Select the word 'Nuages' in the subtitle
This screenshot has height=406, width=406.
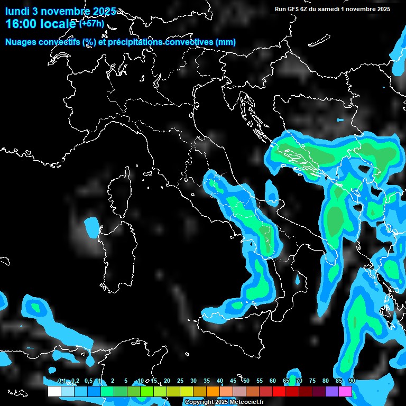click(x=21, y=42)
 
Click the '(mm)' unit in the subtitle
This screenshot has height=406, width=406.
click(x=226, y=42)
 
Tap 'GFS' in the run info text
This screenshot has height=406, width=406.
click(x=292, y=9)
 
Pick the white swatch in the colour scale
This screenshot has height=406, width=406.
click(x=54, y=391)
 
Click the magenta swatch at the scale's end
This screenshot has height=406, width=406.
click(x=345, y=391)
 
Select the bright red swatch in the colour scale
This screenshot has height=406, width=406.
click(x=279, y=391)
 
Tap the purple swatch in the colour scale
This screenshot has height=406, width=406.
click(x=332, y=391)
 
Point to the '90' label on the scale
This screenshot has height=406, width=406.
click(x=352, y=381)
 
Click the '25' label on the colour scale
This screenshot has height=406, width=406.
click(x=180, y=381)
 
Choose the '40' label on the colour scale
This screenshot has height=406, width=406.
click(x=220, y=381)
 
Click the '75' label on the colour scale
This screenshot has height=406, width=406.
click(x=312, y=381)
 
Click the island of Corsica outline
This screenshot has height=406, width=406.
click(x=119, y=190)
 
